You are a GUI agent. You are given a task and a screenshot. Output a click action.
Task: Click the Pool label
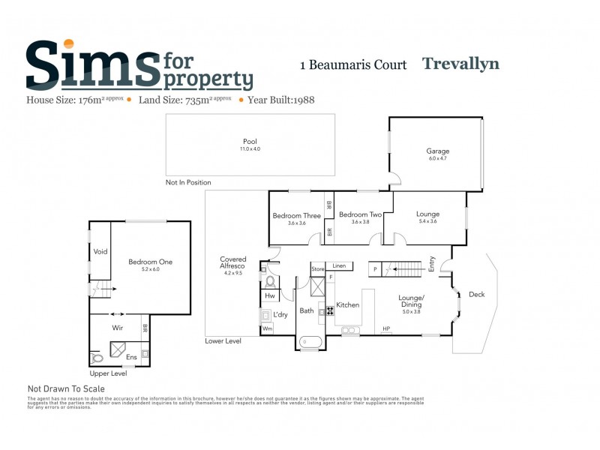pyautogui.click(x=250, y=141)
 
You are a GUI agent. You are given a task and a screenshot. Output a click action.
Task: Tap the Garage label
pyautogui.click(x=438, y=151)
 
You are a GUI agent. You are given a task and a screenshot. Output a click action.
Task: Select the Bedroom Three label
pyautogui.click(x=296, y=216)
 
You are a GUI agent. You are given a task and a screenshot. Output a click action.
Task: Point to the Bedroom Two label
pyautogui.click(x=360, y=215)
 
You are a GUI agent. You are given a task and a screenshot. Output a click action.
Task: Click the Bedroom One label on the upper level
pyautogui.click(x=150, y=262)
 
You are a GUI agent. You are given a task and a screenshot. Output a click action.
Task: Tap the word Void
pyautogui.click(x=100, y=251)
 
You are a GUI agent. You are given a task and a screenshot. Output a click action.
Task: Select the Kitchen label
pyautogui.click(x=348, y=305)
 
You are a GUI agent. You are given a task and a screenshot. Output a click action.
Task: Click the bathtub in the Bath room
pyautogui.click(x=310, y=342)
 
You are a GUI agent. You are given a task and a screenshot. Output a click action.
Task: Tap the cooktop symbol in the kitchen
pyautogui.click(x=329, y=310)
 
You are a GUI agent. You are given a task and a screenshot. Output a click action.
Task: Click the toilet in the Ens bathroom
pyautogui.click(x=96, y=358)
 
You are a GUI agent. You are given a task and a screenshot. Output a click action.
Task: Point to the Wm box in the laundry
pyautogui.click(x=267, y=328)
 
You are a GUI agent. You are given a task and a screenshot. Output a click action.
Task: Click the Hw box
pyautogui.click(x=269, y=296)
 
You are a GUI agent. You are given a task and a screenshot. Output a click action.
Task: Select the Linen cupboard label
pyautogui.click(x=339, y=266)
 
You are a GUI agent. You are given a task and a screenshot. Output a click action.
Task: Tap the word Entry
pyautogui.click(x=432, y=263)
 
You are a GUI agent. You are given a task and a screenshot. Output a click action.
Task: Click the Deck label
pyautogui.click(x=477, y=294)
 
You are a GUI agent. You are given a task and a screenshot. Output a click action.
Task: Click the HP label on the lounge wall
pyautogui.click(x=386, y=328)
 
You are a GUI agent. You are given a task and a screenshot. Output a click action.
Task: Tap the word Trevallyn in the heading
pyautogui.click(x=460, y=64)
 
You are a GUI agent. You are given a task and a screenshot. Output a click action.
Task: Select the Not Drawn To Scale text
pyautogui.click(x=66, y=389)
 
